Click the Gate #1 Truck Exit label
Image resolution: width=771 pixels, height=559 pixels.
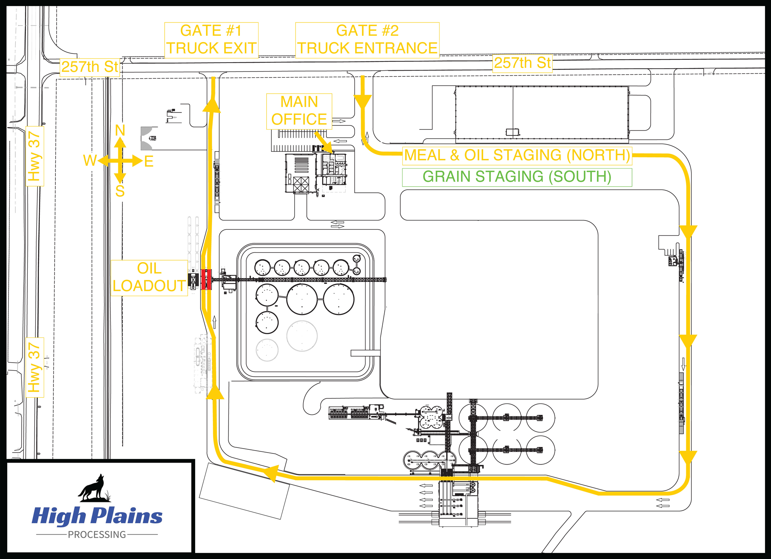coord(211,40)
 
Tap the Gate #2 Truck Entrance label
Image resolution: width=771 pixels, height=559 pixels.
coord(367,40)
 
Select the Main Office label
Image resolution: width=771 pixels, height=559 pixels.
coord(299,111)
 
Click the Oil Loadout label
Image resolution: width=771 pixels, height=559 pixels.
coord(149,277)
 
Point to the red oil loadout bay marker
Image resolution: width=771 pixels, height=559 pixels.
coord(206,279)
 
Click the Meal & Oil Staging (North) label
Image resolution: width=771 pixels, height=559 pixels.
coord(517,155)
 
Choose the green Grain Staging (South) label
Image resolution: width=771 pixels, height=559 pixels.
coord(517,177)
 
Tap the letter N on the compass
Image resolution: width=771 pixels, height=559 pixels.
coord(120,130)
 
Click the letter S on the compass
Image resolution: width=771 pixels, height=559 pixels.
coord(120,191)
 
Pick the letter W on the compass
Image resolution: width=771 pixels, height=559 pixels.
coord(90,161)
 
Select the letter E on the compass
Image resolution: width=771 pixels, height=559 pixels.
coord(149,161)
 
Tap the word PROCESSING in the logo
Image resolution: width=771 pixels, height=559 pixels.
coord(97,535)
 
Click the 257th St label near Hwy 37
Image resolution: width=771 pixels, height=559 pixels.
coord(90,67)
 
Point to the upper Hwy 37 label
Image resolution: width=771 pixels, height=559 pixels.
coord(35,156)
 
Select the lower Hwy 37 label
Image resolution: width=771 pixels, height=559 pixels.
coord(35,367)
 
